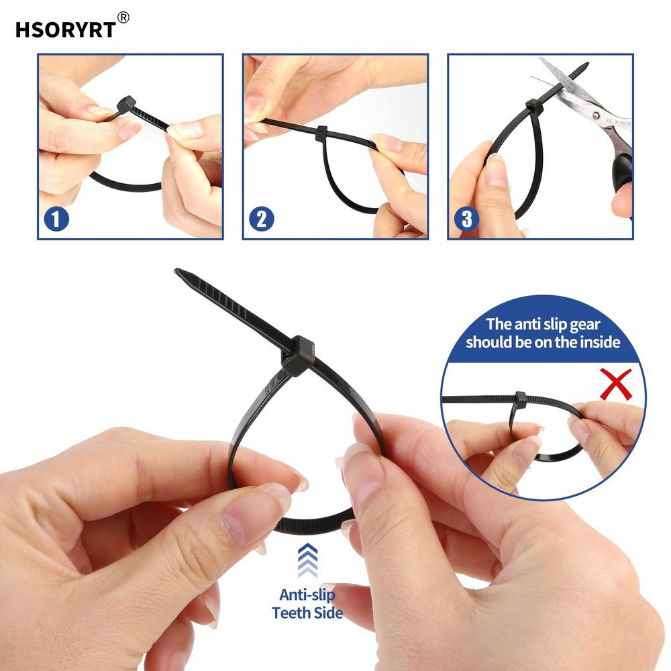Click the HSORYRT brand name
[65, 30]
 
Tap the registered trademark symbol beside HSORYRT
[123, 17]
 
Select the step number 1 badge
[57, 219]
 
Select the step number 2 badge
[262, 219]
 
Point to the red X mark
[615, 384]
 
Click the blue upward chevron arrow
[307, 559]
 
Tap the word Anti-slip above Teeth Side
[307, 595]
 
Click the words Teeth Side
[307, 613]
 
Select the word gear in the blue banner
[603, 324]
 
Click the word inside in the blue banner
[596, 342]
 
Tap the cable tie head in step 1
[126, 105]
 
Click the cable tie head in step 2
[320, 132]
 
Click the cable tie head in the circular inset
[520, 400]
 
